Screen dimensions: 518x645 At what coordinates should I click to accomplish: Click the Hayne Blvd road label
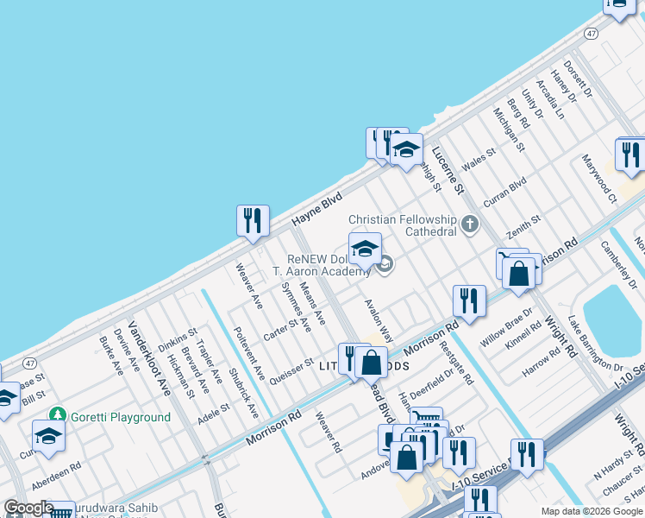316,209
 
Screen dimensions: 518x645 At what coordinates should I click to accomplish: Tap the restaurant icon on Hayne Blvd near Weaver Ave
253,221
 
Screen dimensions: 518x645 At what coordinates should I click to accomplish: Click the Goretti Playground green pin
58,416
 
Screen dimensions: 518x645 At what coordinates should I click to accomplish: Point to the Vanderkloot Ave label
150,358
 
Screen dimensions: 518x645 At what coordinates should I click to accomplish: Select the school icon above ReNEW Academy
365,249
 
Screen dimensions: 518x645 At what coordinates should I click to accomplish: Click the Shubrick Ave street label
243,394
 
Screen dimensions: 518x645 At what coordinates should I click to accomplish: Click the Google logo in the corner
28,509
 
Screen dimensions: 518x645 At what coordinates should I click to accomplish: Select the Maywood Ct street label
599,179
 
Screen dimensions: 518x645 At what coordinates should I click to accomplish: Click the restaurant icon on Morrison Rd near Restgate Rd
469,301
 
